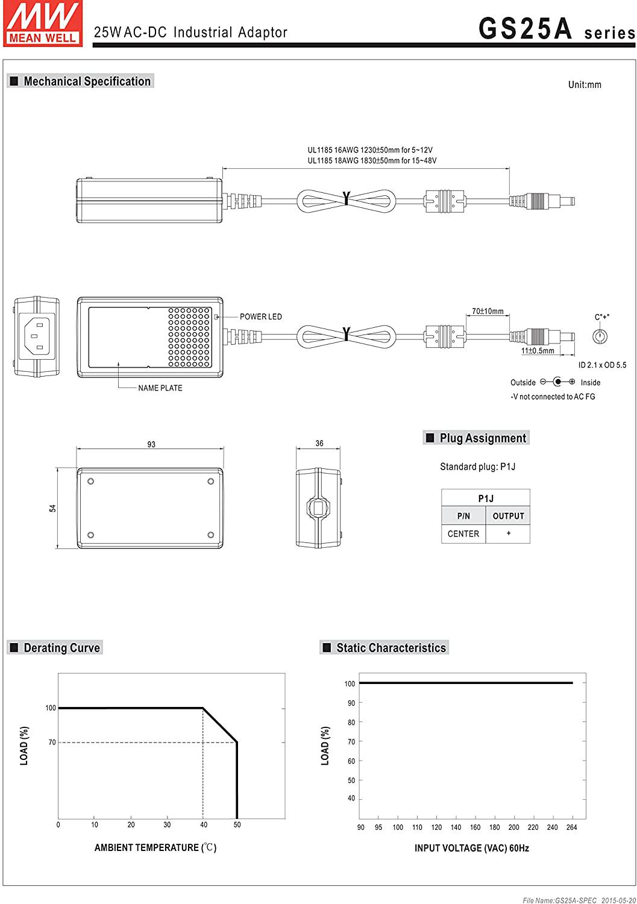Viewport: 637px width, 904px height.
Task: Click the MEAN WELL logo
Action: coord(42,23)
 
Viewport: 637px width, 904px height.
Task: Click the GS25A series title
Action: coord(556,29)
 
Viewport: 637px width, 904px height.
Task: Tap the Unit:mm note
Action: coord(584,85)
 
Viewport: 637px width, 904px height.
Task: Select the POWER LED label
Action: coord(260,317)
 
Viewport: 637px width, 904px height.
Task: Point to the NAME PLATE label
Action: coord(160,388)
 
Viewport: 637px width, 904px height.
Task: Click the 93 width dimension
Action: coord(151,445)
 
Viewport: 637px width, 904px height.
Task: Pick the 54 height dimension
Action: coord(53,508)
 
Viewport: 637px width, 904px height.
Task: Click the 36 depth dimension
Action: coord(319,444)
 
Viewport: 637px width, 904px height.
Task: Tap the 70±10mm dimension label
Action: coord(488,312)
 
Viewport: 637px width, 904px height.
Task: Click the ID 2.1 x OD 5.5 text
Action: coord(602,365)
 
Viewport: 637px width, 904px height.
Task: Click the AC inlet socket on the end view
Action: coord(37,336)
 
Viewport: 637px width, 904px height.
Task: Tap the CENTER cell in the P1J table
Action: coord(463,534)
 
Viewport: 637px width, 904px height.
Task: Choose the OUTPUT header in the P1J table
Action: coord(508,516)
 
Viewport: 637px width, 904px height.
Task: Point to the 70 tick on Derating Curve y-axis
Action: coord(52,742)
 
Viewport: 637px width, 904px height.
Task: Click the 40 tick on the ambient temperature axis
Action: coord(204,825)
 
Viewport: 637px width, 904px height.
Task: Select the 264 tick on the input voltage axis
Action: coord(571,827)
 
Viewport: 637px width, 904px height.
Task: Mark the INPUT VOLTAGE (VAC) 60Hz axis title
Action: coord(471,848)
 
